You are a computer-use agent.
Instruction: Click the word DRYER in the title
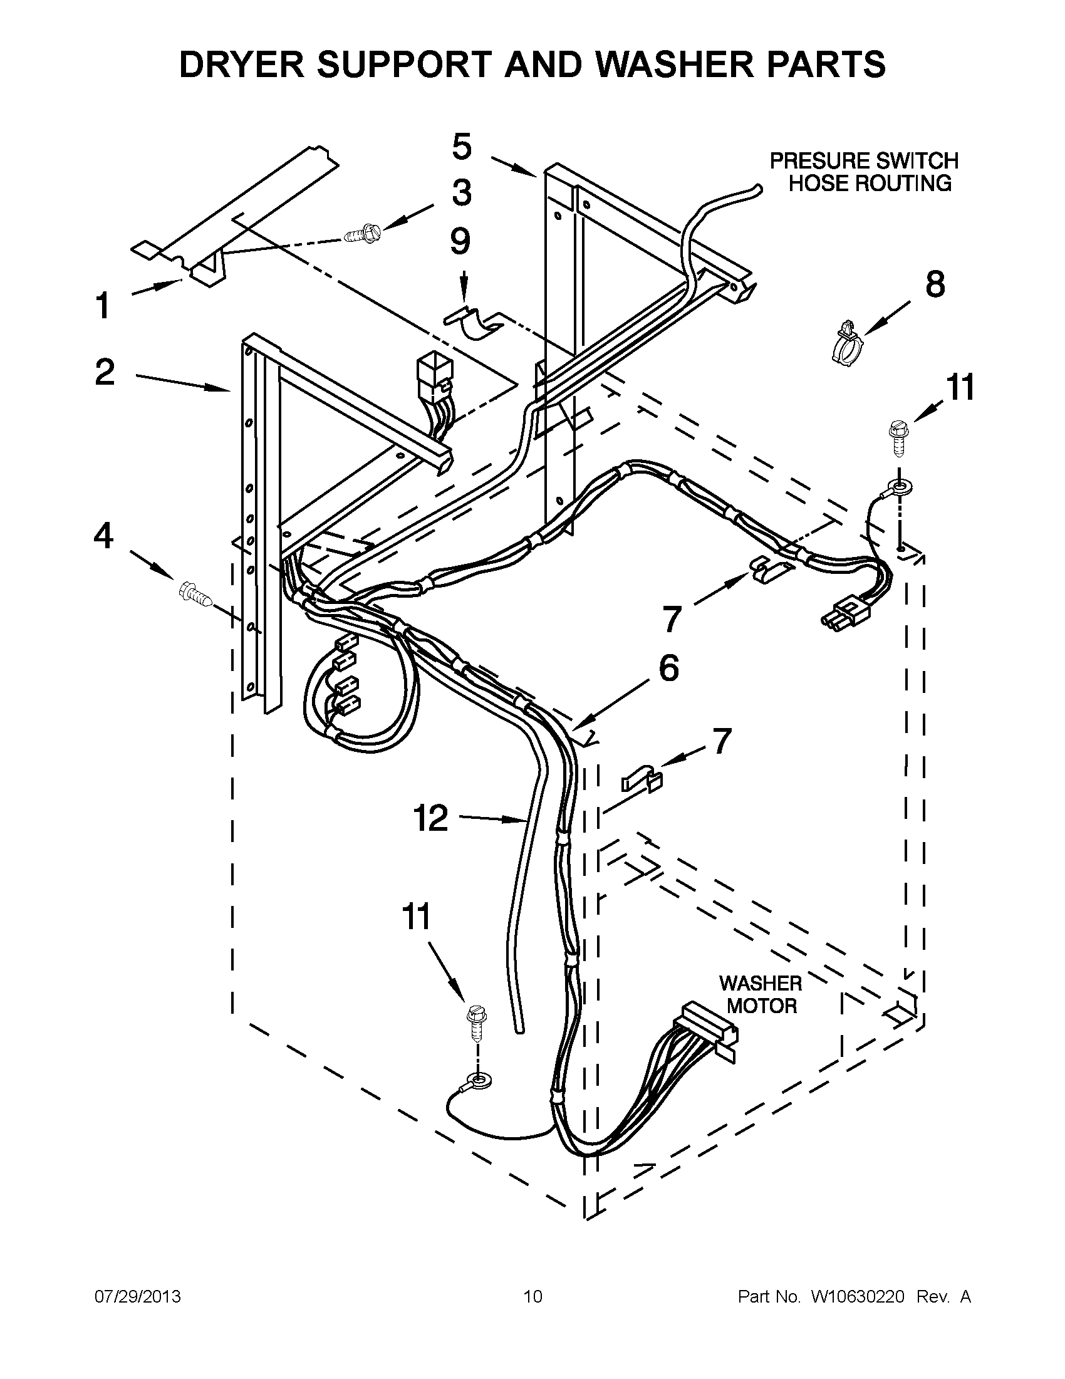pos(239,65)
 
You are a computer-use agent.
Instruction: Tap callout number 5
pos(462,147)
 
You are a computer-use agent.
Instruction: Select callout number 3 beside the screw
pos(462,192)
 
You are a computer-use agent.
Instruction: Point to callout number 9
pos(460,241)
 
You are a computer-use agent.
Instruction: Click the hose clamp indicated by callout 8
pos(846,344)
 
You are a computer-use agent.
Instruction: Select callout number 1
pos(103,306)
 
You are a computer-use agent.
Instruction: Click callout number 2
pos(105,372)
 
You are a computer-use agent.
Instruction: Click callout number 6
pos(668,668)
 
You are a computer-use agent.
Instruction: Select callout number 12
pos(430,818)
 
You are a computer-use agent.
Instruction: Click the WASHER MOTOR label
pos(761,994)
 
